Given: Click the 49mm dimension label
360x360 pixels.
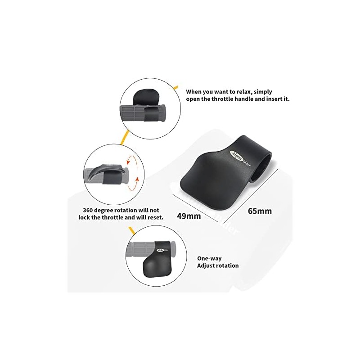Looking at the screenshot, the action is pyautogui.click(x=189, y=216).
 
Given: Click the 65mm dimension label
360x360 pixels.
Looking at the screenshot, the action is pyautogui.click(x=260, y=211).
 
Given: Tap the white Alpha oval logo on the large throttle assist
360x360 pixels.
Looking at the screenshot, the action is pyautogui.click(x=236, y=156).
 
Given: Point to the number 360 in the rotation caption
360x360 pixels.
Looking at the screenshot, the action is pyautogui.click(x=88, y=210).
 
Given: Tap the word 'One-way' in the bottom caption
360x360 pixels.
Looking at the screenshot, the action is pyautogui.click(x=209, y=258).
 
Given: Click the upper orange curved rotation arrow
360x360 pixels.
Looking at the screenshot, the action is pyautogui.click(x=130, y=160).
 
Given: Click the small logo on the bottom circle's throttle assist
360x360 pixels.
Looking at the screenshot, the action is pyautogui.click(x=162, y=250).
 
